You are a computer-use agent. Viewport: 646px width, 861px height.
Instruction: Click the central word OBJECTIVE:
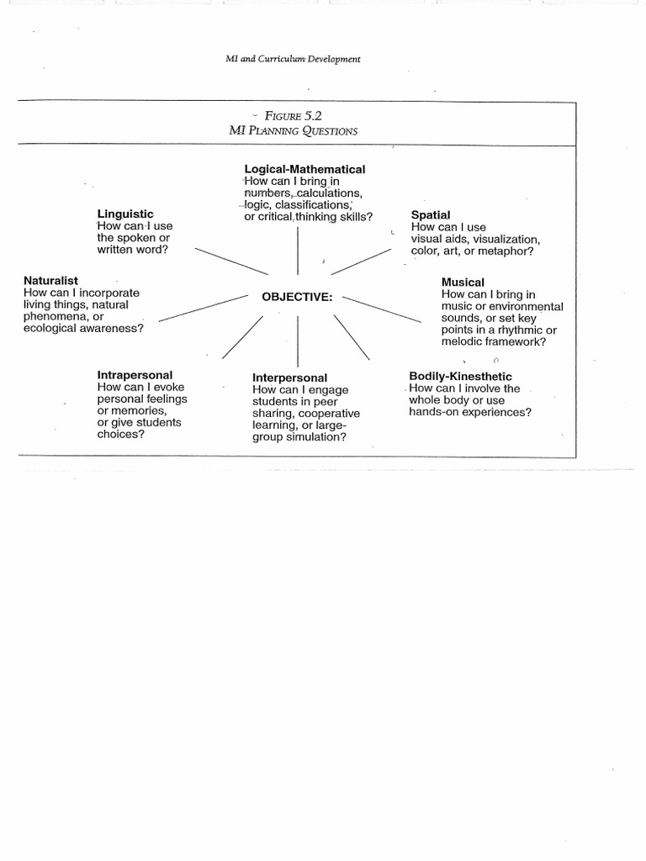tap(297, 297)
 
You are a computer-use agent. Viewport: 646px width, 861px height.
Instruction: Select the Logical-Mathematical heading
tap(304, 169)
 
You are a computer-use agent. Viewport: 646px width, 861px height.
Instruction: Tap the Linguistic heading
tap(124, 214)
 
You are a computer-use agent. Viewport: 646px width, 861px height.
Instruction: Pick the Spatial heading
tap(431, 215)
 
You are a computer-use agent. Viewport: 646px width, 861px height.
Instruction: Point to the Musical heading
tap(463, 283)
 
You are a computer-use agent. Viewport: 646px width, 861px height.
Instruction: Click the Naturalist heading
tap(51, 280)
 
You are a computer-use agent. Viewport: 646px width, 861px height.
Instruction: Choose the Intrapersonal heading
tap(135, 374)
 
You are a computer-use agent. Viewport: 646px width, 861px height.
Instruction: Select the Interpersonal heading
tap(290, 378)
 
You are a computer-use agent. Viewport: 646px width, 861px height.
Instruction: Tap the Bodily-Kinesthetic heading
tap(460, 376)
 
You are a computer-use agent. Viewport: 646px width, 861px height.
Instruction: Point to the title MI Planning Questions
tap(294, 130)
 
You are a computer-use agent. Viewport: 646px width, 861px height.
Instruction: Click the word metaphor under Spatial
tap(508, 251)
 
